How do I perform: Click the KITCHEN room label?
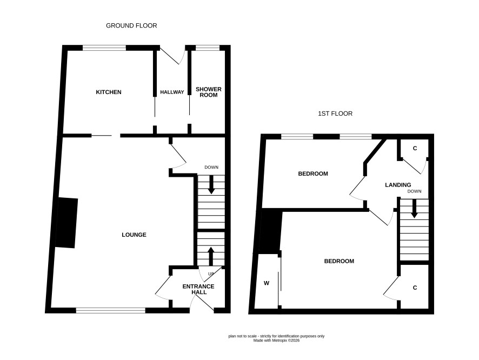tap(109, 92)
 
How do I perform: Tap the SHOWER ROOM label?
tap(208, 92)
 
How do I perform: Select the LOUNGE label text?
tap(134, 235)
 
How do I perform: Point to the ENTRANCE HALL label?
tap(198, 289)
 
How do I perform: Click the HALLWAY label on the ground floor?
tap(172, 92)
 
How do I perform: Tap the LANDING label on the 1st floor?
tap(398, 185)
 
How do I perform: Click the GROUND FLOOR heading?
tap(131, 25)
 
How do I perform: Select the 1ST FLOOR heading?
tap(335, 114)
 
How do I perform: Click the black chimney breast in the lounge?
tap(66, 223)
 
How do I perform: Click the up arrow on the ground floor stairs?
tap(211, 256)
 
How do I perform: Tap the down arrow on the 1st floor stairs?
tap(414, 209)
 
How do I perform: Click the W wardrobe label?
tap(267, 283)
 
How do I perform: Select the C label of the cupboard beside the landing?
tap(415, 149)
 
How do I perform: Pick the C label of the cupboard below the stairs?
tap(415, 288)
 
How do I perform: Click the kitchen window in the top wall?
tap(104, 48)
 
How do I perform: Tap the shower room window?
tap(208, 48)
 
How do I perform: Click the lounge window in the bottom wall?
tap(111, 310)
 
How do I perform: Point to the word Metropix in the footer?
tap(280, 340)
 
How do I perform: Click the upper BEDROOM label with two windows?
tap(313, 174)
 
